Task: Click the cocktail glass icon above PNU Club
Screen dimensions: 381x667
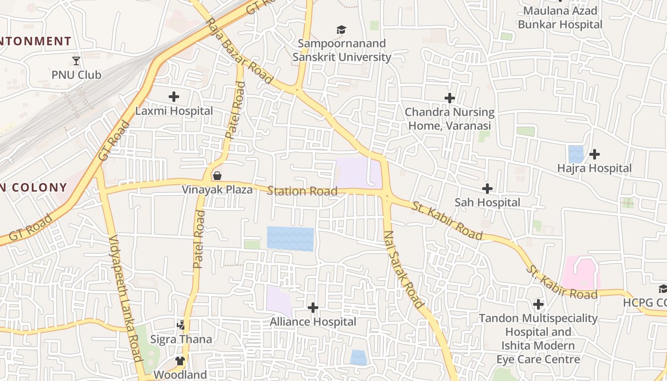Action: pos(76,60)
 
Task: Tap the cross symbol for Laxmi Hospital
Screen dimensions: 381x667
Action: pos(174,97)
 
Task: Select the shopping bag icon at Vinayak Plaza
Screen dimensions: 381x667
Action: pos(217,176)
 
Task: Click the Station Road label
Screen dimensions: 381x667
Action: pos(302,191)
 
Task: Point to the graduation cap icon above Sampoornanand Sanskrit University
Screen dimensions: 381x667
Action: pos(341,30)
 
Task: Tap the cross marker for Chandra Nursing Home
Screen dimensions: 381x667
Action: pos(450,98)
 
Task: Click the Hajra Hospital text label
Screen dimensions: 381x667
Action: pos(594,168)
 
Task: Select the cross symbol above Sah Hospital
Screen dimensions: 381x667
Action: pos(487,189)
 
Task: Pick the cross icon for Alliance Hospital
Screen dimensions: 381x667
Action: pos(313,308)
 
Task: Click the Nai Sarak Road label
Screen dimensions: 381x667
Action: pos(403,269)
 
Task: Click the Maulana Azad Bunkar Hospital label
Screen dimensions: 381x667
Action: pos(560,18)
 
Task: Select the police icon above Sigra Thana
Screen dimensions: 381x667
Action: pos(181,326)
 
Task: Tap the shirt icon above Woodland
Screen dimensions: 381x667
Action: pos(180,361)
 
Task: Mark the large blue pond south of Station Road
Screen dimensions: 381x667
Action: pos(290,239)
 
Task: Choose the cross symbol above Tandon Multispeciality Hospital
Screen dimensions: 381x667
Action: pos(538,304)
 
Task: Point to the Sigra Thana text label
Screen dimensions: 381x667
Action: pos(181,340)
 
